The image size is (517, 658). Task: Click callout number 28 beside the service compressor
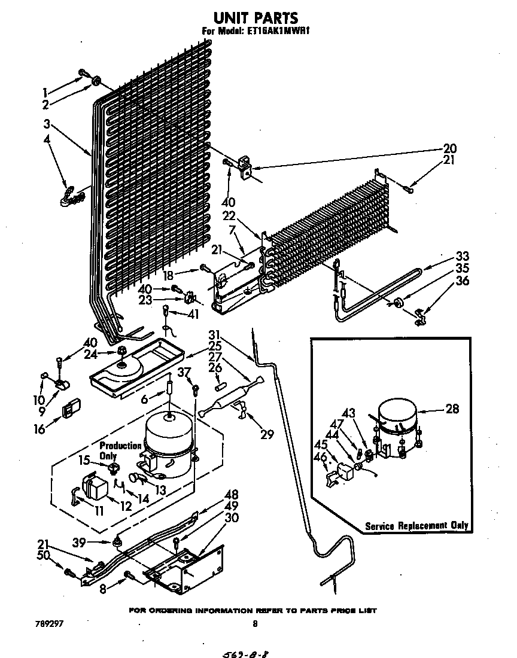tap(452, 409)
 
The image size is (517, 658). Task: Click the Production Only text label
tap(120, 450)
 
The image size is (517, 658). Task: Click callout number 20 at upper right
tap(449, 148)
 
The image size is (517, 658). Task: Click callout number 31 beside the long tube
tap(214, 335)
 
